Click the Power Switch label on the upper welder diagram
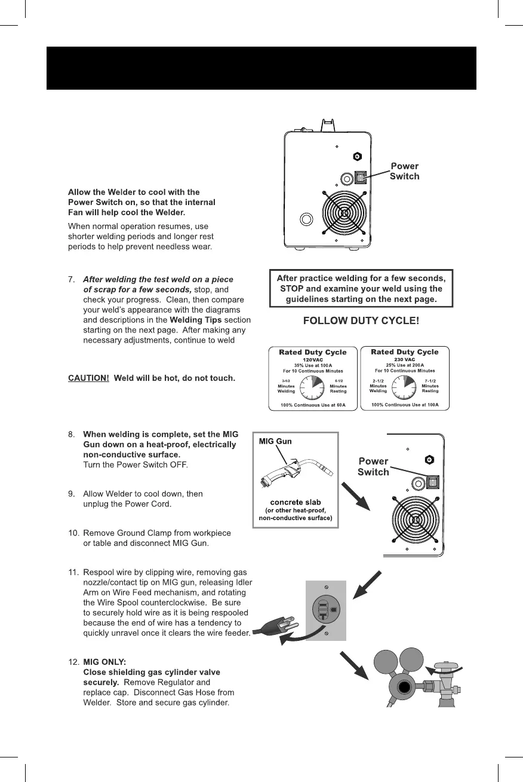click(x=404, y=171)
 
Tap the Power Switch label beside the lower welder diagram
click(x=373, y=466)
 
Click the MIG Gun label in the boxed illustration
click(x=275, y=441)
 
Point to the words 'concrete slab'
click(x=296, y=502)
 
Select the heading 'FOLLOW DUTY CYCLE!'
click(x=361, y=320)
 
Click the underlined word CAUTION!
click(x=88, y=378)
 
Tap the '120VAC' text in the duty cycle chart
click(x=313, y=359)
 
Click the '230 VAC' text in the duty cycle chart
click(x=404, y=359)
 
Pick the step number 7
click(x=72, y=279)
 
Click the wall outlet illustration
click(x=326, y=610)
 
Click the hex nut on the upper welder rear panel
click(x=357, y=156)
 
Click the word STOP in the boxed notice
click(x=292, y=288)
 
